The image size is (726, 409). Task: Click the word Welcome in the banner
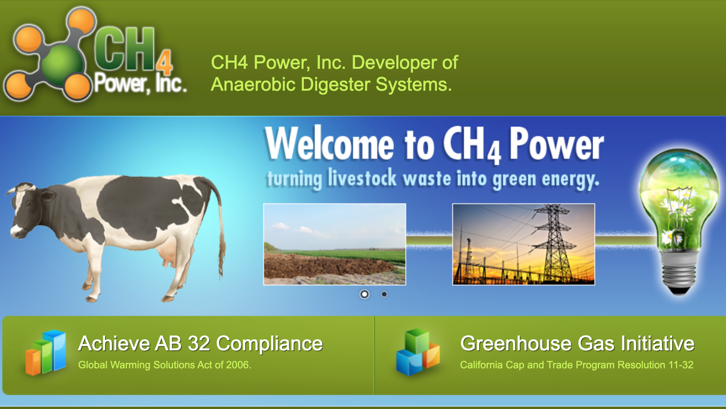[x=330, y=144]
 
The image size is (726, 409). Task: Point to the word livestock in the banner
[x=362, y=178]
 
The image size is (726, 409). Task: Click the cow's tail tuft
[x=223, y=256]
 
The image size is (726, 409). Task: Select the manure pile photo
[x=335, y=244]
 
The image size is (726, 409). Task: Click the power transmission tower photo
[x=523, y=244]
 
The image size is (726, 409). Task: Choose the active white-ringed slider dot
[x=364, y=294]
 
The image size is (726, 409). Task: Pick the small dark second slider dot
[x=384, y=294]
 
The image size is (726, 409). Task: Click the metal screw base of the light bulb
[x=679, y=273]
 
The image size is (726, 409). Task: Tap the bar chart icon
[x=46, y=353]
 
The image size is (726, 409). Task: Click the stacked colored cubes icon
[x=418, y=352]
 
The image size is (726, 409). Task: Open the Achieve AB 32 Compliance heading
[x=200, y=344]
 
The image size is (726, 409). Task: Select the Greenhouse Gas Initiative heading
[x=577, y=344]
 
